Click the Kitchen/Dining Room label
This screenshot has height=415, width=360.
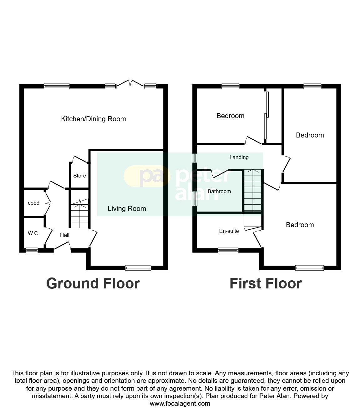pyautogui.click(x=94, y=119)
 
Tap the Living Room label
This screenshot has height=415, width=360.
pyautogui.click(x=127, y=209)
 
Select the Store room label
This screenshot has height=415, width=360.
pyautogui.click(x=79, y=176)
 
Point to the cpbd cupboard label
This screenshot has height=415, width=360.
pyautogui.click(x=33, y=203)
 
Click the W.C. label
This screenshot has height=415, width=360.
pyautogui.click(x=33, y=233)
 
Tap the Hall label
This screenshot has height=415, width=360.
pyautogui.click(x=65, y=235)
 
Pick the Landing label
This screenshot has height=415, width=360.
pyautogui.click(x=239, y=157)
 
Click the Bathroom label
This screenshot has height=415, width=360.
pyautogui.click(x=219, y=191)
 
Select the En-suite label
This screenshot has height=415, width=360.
pyautogui.click(x=229, y=231)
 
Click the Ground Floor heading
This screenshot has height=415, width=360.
pyautogui.click(x=93, y=283)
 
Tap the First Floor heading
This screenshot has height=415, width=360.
pyautogui.click(x=266, y=283)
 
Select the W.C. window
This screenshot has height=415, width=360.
pyautogui.click(x=32, y=250)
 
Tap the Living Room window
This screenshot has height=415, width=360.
pyautogui.click(x=138, y=268)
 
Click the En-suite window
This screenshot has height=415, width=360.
pyautogui.click(x=228, y=250)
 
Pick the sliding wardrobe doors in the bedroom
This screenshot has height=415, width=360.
pyautogui.click(x=266, y=115)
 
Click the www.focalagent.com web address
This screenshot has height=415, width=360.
pyautogui.click(x=180, y=403)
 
